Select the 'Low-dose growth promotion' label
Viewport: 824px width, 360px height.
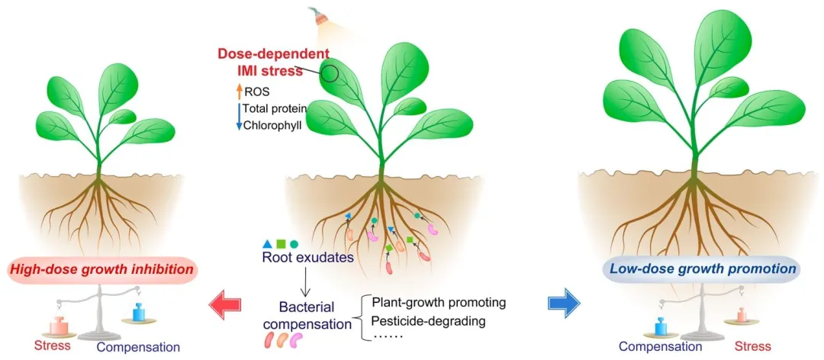pyautogui.click(x=700, y=269)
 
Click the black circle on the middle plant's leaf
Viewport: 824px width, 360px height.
pyautogui.click(x=330, y=74)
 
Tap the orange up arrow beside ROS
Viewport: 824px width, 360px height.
pyautogui.click(x=238, y=92)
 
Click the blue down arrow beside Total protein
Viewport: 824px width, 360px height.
pyautogui.click(x=238, y=116)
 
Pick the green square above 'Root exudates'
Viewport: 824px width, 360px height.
pyautogui.click(x=281, y=244)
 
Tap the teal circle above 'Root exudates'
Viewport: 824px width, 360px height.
pyautogui.click(x=294, y=244)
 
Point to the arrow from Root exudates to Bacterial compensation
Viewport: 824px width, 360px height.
pyautogui.click(x=304, y=282)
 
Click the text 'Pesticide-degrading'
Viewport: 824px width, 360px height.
pyautogui.click(x=428, y=320)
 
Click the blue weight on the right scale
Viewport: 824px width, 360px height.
pyautogui.click(x=649, y=320)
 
